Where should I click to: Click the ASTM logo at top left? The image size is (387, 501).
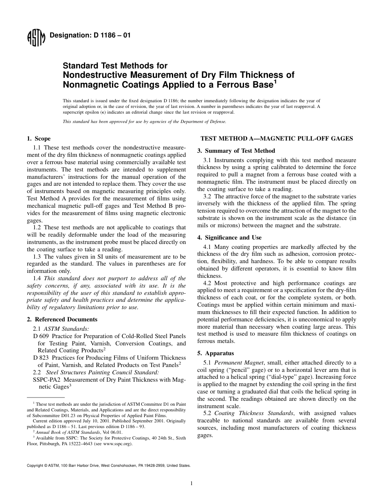click(36, 38)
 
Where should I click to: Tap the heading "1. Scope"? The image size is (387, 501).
click(39, 139)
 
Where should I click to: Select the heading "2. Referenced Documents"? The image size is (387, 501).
click(62, 319)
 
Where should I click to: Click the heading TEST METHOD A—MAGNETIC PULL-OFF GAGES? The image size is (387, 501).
click(277, 138)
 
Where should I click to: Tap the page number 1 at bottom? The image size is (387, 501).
click(191, 483)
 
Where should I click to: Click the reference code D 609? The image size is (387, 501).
click(41, 336)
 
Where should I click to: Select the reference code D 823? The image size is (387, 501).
click(41, 358)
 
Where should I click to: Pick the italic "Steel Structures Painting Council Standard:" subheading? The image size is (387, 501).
click(103, 372)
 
